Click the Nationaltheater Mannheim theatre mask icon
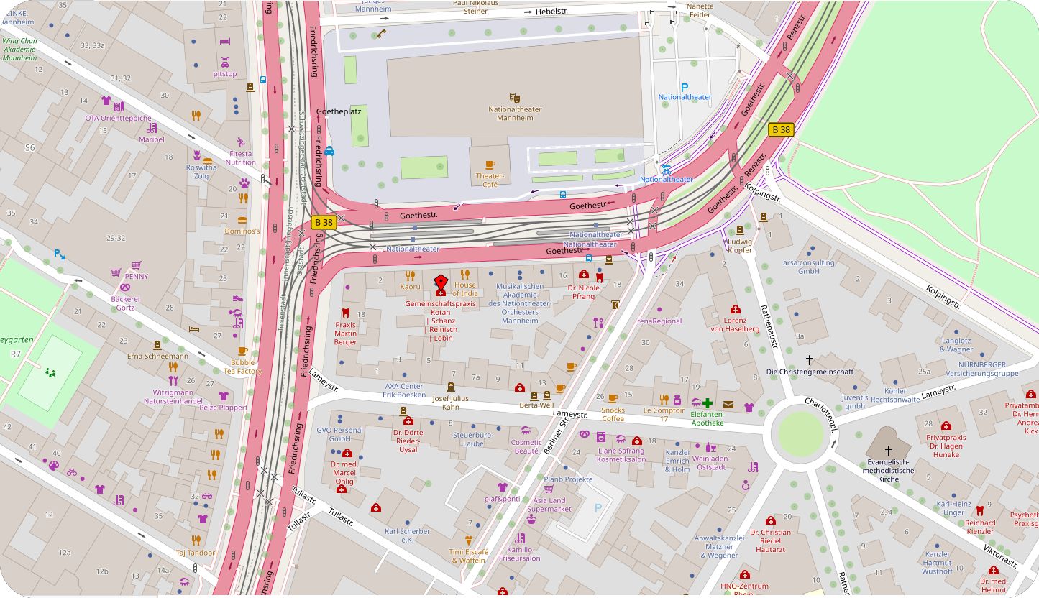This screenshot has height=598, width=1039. [514, 97]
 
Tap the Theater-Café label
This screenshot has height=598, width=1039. [490, 180]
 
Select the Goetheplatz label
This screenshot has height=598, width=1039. [339, 112]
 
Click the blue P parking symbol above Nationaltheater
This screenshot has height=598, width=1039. [685, 86]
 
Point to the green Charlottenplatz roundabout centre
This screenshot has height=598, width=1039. [800, 433]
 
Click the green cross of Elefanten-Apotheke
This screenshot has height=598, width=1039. [708, 403]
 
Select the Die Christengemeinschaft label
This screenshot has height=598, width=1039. [810, 372]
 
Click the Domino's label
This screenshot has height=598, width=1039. [242, 231]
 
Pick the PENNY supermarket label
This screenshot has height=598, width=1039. [136, 275]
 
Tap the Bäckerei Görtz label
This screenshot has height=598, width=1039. [125, 303]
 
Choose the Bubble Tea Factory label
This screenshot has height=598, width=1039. [242, 367]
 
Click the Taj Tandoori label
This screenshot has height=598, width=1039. [196, 553]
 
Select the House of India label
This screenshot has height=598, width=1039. [464, 289]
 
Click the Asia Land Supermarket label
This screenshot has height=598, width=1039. [549, 505]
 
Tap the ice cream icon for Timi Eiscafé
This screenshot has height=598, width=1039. [468, 540]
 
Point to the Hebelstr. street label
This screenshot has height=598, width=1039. [552, 12]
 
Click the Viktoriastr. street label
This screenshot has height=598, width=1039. [1000, 550]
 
